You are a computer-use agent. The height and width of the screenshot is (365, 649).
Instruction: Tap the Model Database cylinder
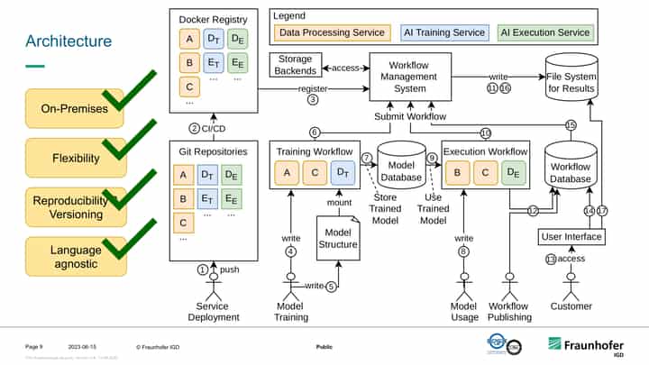tap(401, 165)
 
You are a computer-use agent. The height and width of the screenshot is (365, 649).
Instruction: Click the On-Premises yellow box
tap(75, 109)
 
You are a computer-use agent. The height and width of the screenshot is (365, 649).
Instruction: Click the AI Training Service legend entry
tap(443, 32)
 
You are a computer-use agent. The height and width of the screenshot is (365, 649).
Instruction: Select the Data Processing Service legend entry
tap(333, 32)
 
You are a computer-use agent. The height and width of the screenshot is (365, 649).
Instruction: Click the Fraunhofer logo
tap(586, 346)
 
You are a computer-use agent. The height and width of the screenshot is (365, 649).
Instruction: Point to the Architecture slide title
tap(69, 41)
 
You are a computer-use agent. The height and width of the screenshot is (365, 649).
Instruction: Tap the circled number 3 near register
tap(313, 99)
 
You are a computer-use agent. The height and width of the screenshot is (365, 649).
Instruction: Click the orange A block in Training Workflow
tap(288, 172)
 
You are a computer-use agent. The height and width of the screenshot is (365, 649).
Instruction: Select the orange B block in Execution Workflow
tap(459, 172)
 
